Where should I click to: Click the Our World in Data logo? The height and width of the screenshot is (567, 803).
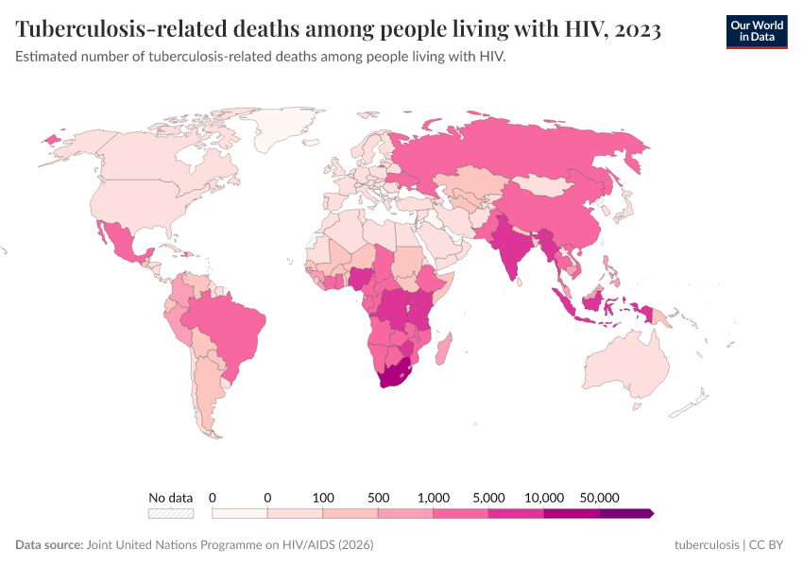[x=756, y=30]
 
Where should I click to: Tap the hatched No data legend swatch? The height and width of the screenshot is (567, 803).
[x=171, y=513]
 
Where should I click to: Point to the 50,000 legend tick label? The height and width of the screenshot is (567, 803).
[x=599, y=497]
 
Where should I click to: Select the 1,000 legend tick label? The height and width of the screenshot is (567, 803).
[x=434, y=497]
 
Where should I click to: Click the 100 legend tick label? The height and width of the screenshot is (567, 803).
[x=323, y=497]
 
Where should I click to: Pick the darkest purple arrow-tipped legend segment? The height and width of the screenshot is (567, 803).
[x=626, y=513]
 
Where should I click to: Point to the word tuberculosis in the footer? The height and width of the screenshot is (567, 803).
[x=706, y=545]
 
